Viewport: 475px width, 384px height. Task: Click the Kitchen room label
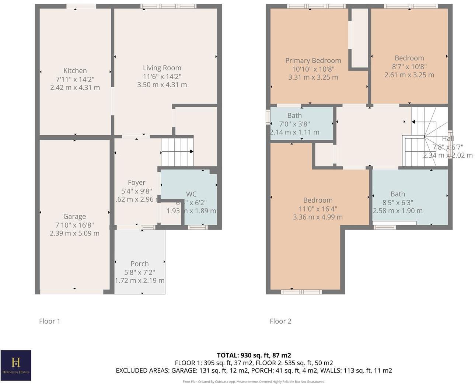click(75, 71)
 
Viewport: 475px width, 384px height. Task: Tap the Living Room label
click(162, 68)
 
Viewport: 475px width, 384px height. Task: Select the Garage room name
click(74, 217)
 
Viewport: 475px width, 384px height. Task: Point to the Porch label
click(140, 264)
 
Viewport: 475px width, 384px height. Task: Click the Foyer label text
click(136, 182)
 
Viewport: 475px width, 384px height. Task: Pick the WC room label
click(191, 194)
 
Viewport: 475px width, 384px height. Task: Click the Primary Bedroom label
click(313, 61)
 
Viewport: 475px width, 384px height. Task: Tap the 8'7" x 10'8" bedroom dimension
click(409, 67)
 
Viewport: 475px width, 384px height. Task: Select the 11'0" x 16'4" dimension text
click(318, 209)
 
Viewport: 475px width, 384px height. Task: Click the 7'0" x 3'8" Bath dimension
click(294, 124)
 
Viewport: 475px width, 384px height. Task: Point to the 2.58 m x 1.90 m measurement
click(398, 211)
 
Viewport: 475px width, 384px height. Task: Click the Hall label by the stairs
click(448, 139)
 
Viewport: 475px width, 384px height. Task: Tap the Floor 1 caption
click(50, 321)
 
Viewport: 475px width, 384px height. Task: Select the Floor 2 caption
click(280, 321)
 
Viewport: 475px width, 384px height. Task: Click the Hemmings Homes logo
click(16, 365)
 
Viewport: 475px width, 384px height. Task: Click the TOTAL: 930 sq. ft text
click(254, 355)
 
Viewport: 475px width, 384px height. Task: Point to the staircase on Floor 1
click(177, 152)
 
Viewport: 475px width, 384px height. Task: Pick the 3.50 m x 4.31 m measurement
click(162, 85)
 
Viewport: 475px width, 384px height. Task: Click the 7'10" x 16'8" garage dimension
click(74, 225)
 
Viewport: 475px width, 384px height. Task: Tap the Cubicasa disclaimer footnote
click(254, 381)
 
